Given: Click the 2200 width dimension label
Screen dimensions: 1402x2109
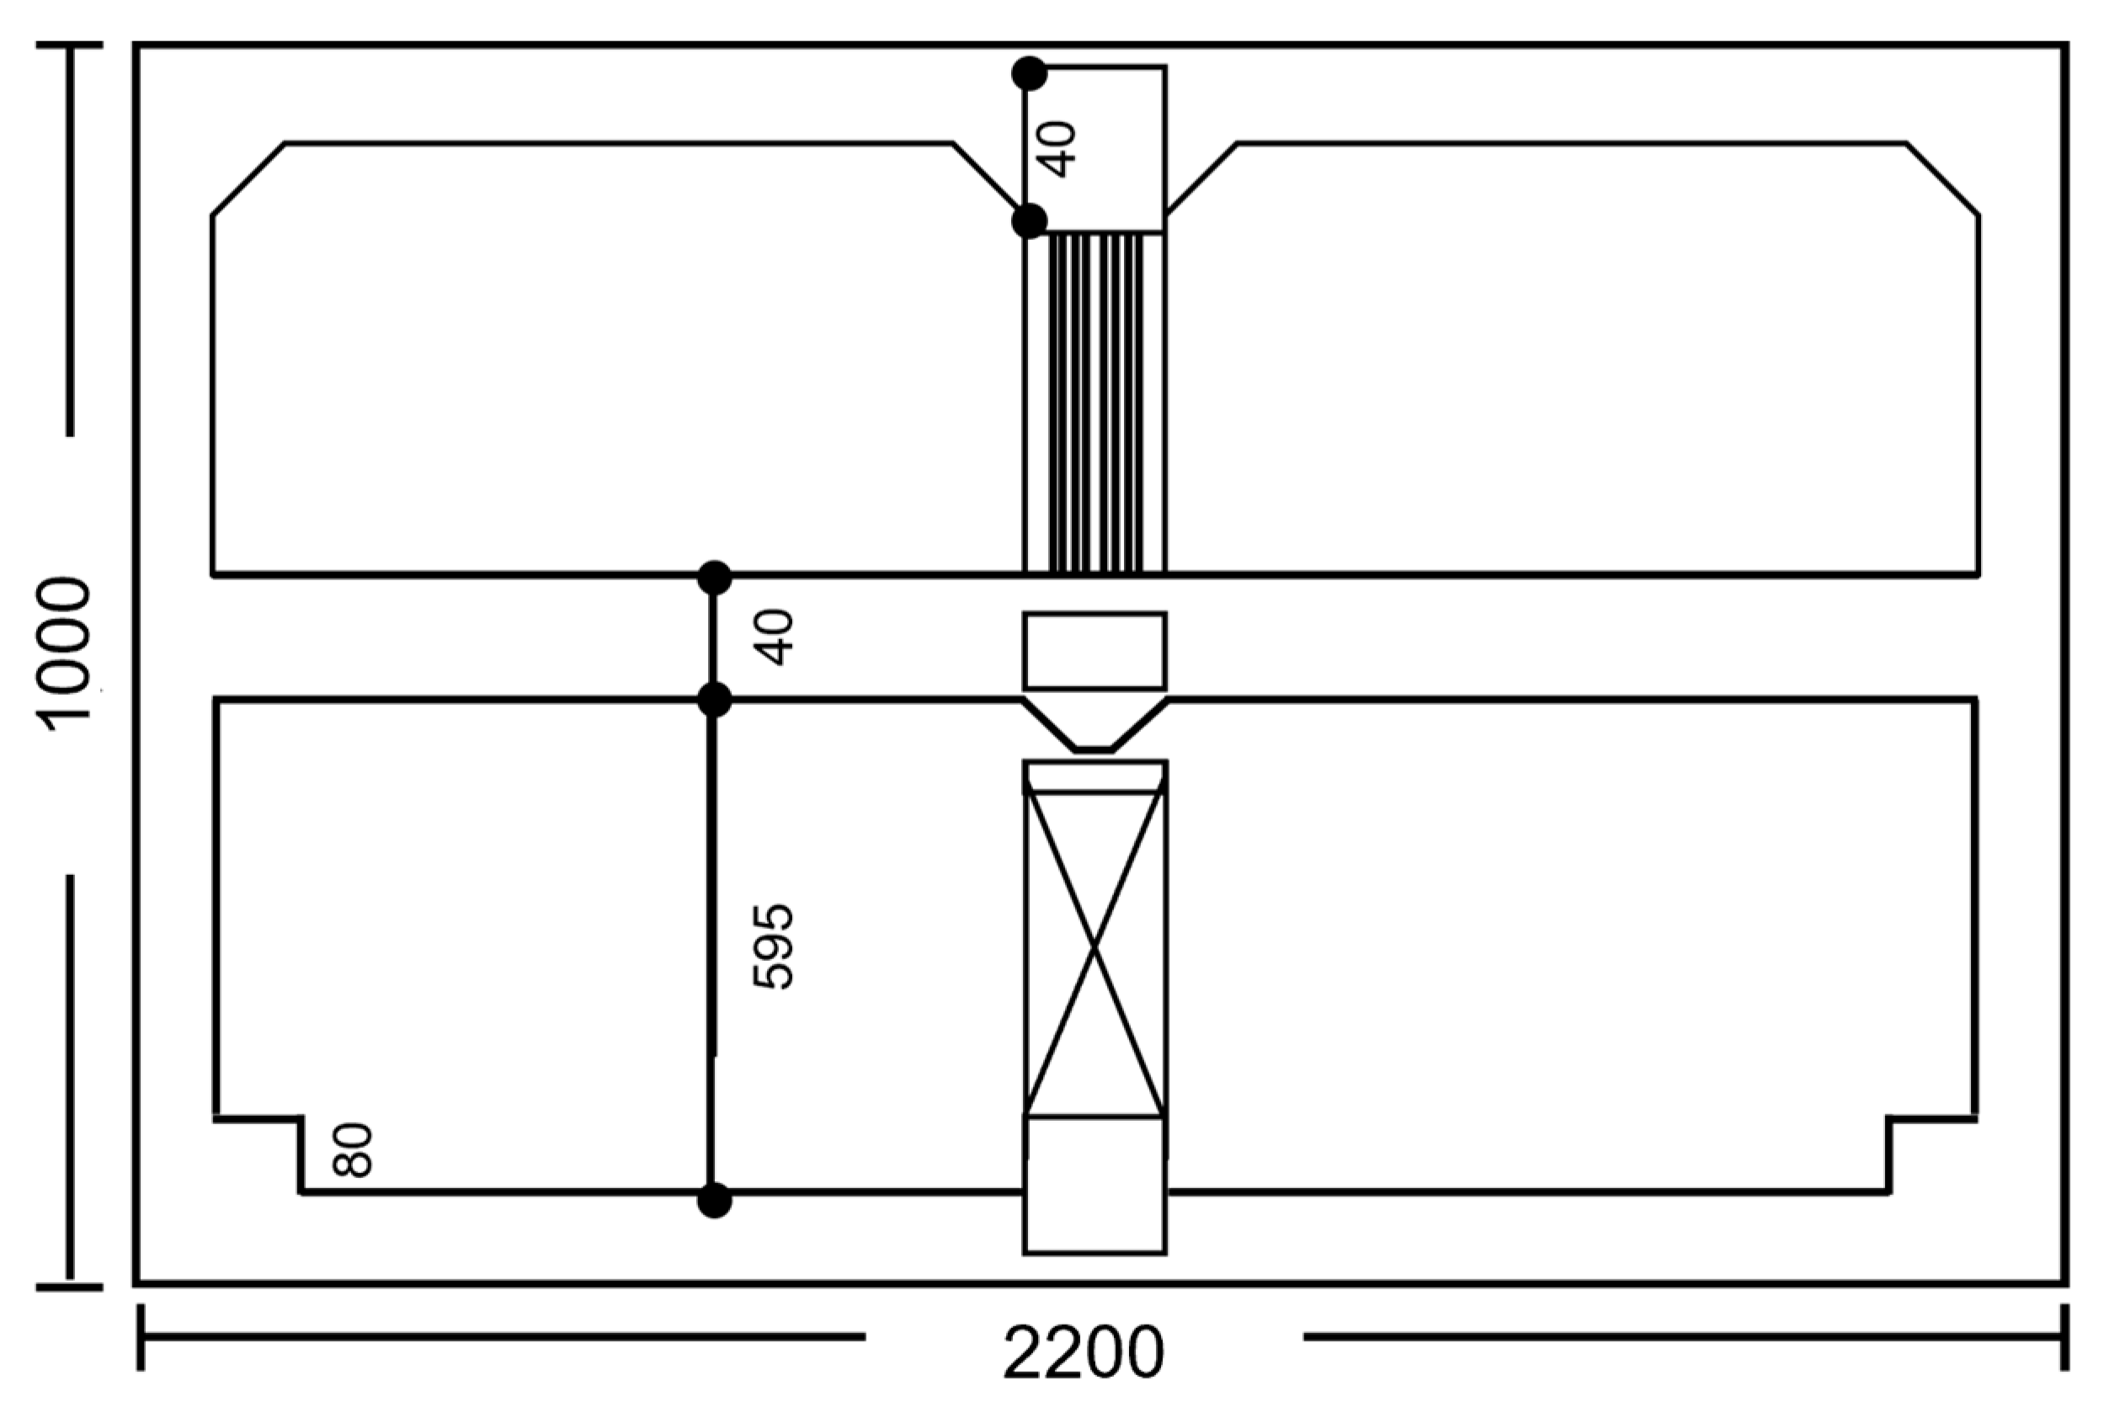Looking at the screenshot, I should (x=1084, y=1353).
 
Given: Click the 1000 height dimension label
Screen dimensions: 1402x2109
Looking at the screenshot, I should (x=62, y=653).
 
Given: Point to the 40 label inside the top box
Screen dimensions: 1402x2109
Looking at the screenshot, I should (x=1059, y=149).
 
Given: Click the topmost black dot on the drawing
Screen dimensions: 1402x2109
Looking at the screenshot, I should (x=1029, y=73).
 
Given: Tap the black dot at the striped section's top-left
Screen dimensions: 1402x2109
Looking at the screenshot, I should (x=1029, y=220).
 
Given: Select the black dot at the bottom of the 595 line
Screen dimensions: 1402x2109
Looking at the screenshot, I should (x=713, y=1200).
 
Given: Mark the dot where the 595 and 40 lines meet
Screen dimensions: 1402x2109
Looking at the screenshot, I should (x=713, y=699).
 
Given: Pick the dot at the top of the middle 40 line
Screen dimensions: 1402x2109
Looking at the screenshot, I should (x=713, y=578).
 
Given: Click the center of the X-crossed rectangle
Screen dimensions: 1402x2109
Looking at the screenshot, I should (x=1094, y=946).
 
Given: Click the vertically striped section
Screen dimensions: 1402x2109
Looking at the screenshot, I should (x=1095, y=402).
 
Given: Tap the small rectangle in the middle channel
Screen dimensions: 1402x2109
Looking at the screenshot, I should (x=1094, y=651).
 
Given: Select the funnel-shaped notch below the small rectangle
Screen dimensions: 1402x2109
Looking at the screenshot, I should (x=1094, y=726).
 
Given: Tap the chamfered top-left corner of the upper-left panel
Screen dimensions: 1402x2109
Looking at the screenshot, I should (x=248, y=179).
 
